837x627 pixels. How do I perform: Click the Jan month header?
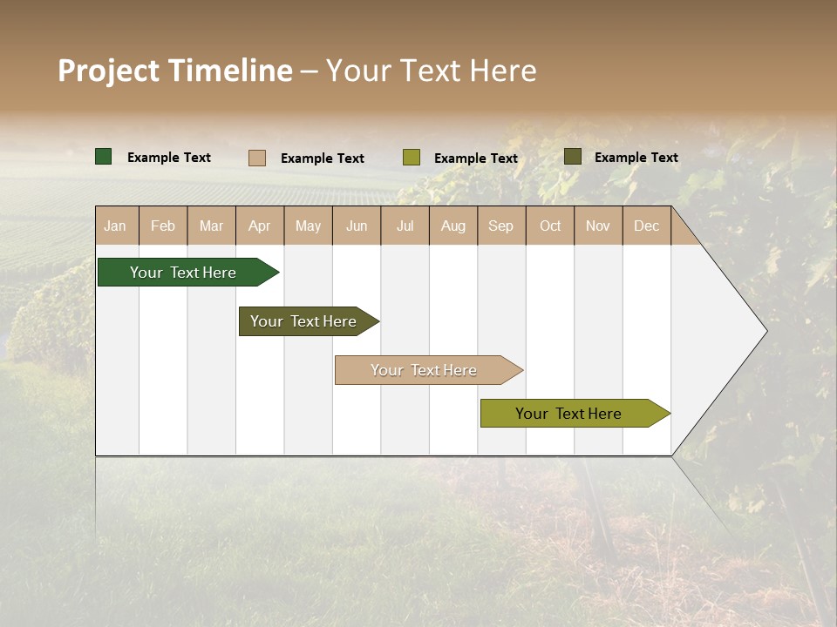(116, 226)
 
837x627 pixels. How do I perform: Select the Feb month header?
(163, 226)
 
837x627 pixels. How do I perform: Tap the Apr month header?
(260, 226)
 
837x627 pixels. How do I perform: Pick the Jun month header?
(357, 226)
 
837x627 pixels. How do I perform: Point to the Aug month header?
(453, 226)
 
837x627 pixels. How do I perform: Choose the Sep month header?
(501, 226)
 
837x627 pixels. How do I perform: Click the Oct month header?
(550, 226)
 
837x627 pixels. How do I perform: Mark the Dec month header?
(647, 226)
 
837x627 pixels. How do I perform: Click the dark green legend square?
(104, 157)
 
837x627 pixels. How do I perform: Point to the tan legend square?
(257, 158)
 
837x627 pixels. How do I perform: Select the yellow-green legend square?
(412, 158)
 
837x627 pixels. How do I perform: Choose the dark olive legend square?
(573, 157)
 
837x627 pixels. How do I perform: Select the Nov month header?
(598, 226)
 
